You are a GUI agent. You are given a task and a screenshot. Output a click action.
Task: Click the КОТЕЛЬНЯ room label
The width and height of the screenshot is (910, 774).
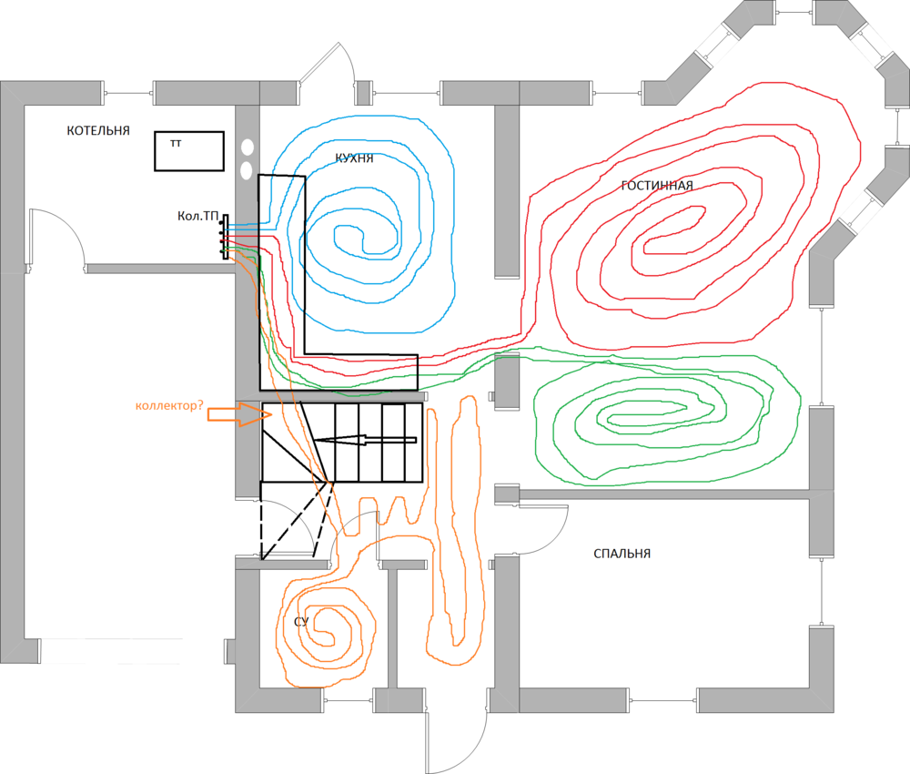point(98,130)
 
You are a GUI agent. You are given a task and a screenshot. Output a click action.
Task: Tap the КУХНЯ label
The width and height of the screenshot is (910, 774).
point(354,158)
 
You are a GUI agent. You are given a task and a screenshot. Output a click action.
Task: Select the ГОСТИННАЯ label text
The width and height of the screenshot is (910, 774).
point(657,186)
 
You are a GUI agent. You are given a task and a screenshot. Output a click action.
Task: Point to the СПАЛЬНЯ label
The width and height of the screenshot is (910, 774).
point(622,554)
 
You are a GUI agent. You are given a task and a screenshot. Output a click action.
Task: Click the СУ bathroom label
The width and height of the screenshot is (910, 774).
point(301,622)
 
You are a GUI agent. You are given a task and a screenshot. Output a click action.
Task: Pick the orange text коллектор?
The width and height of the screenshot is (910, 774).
point(169,405)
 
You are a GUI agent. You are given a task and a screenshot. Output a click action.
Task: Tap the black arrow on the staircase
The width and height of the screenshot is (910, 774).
point(365,440)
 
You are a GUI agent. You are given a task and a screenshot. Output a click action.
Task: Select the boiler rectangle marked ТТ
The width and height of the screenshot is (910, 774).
point(189,151)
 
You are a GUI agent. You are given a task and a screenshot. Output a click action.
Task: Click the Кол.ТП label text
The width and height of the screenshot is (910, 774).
point(197,216)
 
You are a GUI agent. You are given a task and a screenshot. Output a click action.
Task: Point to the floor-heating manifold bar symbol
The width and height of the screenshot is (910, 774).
point(225,237)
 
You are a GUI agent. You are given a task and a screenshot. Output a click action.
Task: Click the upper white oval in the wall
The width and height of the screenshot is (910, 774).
point(248,148)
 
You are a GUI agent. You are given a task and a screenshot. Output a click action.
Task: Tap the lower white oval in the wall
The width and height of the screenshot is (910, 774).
point(246,170)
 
